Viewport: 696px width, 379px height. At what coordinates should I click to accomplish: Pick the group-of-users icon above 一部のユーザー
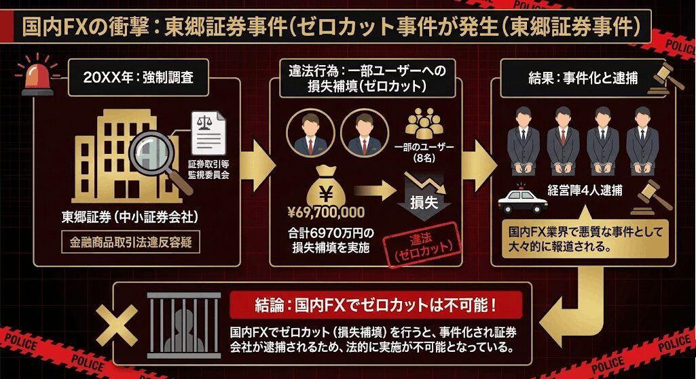424,125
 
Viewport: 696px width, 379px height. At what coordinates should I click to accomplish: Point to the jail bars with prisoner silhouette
183,326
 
